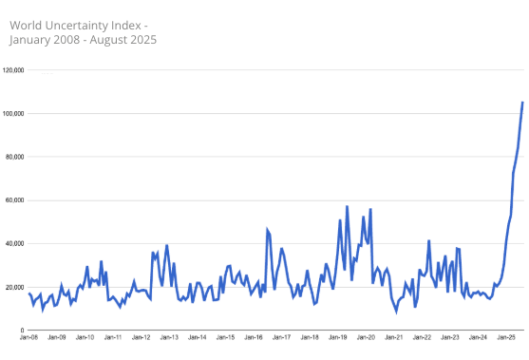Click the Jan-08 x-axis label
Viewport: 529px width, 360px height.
(x=28, y=337)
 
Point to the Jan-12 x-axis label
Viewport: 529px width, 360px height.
(x=141, y=337)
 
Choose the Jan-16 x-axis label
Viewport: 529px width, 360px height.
(x=254, y=337)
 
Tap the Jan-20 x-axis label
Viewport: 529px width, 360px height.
(x=366, y=337)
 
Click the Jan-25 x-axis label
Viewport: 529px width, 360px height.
(x=506, y=337)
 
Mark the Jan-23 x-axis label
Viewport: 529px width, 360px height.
(x=450, y=337)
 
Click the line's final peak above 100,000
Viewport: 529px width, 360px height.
(x=522, y=103)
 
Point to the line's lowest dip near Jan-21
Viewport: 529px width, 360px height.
(x=396, y=310)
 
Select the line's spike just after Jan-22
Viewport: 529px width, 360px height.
(x=429, y=241)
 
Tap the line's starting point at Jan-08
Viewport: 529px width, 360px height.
(x=29, y=294)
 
